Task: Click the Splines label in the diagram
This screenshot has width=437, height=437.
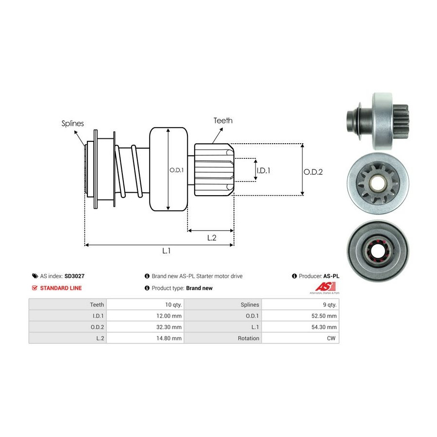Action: (x=73, y=123)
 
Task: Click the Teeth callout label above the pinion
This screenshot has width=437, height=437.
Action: (x=223, y=120)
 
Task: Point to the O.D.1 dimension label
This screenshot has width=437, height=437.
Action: (x=176, y=170)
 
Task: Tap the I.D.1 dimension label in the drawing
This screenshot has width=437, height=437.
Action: (x=263, y=170)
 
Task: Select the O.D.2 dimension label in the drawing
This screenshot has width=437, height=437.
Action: (x=313, y=171)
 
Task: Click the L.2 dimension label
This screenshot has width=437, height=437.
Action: (x=212, y=237)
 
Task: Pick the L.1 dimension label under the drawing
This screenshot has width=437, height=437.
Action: (x=166, y=251)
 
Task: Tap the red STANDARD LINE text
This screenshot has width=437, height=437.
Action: (x=61, y=288)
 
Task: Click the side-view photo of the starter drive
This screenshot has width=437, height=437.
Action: (x=377, y=117)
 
